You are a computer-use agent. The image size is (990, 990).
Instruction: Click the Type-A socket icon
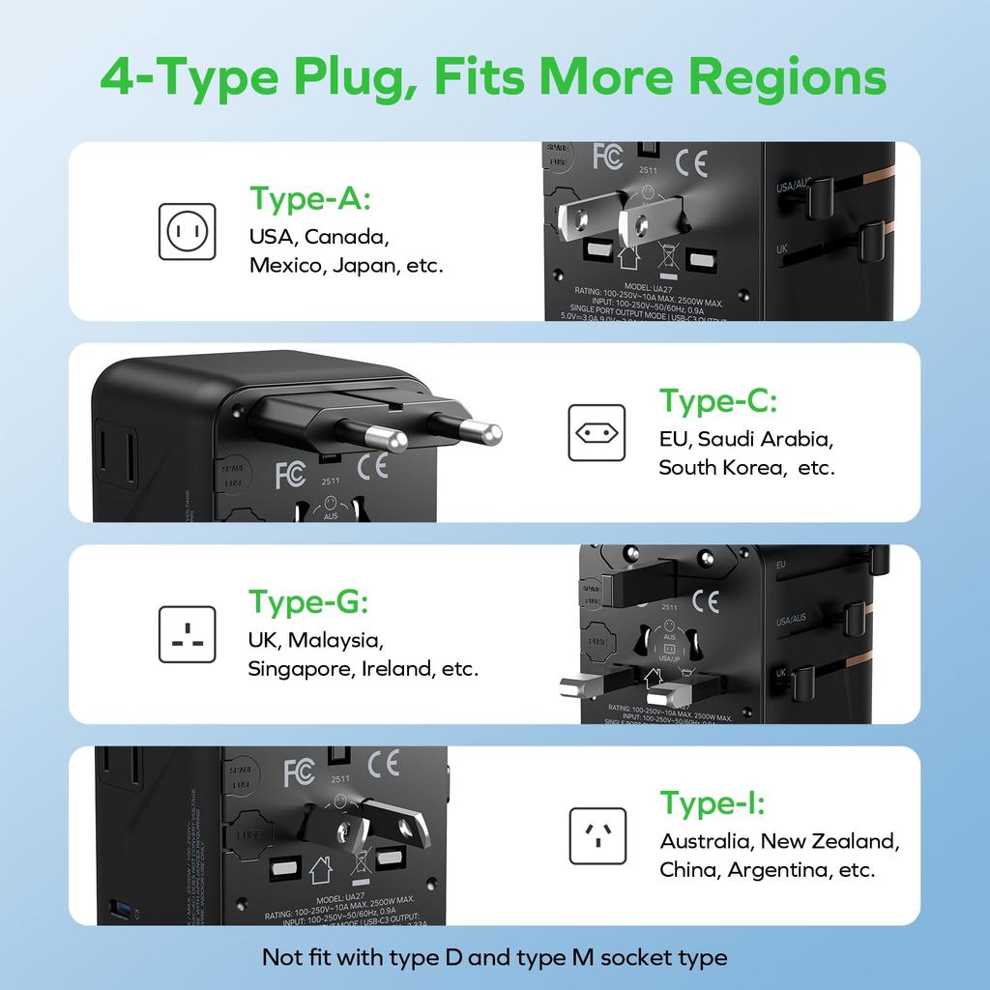[x=189, y=231]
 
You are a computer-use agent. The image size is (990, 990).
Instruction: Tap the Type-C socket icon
[x=597, y=432]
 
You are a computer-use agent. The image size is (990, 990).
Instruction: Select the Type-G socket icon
[x=188, y=634]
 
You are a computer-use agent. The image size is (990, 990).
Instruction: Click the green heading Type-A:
[x=310, y=198]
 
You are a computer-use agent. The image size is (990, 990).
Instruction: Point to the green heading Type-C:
[x=718, y=400]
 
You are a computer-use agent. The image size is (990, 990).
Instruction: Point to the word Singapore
[x=301, y=668]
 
